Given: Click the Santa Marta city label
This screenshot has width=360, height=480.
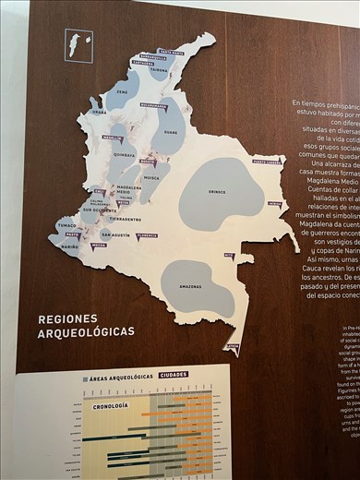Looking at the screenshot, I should coord(171,52).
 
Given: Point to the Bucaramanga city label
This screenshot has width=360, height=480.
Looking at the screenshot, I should coord(153,106).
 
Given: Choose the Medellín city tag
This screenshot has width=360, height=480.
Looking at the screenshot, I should coord(114,138).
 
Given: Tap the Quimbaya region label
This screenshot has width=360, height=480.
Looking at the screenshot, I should coord(124,154).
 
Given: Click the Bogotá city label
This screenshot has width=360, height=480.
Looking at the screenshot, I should coord(148,162).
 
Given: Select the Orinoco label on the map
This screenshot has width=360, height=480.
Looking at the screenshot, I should coord(216,192).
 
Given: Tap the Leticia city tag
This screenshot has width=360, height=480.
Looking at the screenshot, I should coord(232,346).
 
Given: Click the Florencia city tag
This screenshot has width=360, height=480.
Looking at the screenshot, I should coord(147,235).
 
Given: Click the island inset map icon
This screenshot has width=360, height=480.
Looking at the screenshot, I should coord(78,45).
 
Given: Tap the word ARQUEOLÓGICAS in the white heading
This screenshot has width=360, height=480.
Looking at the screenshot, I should coord(87,330).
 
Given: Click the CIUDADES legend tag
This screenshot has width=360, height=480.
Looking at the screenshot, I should coord(173,374).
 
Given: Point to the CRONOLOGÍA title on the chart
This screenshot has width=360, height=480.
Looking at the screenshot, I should coord(111,405).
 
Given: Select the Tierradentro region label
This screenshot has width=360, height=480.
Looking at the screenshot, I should coord(125,220).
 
